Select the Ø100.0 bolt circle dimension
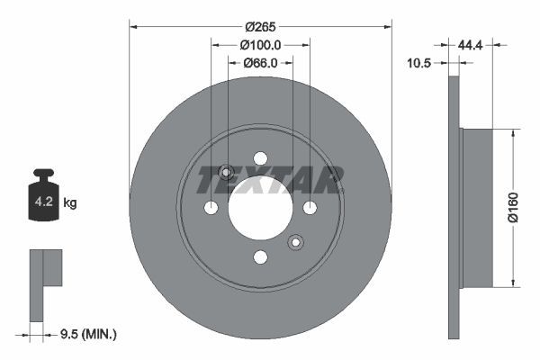(261, 44)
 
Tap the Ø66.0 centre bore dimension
(261, 62)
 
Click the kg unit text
(70, 203)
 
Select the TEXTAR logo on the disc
(269, 180)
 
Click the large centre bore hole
(261, 208)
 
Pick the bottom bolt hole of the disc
(261, 257)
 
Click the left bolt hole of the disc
(211, 208)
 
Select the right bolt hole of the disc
(310, 208)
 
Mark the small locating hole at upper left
(227, 173)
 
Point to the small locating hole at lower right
(295, 242)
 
